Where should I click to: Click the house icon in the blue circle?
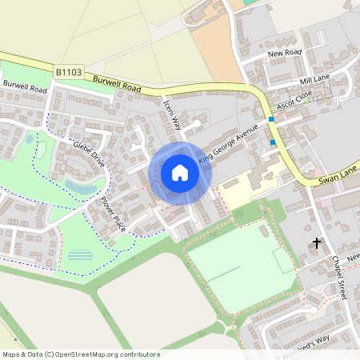point(179,173)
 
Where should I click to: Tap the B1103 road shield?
point(69,72)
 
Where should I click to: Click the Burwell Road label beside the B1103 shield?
point(116,82)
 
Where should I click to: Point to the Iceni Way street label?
point(173,114)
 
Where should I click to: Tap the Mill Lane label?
point(314,79)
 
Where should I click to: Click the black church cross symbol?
point(317,241)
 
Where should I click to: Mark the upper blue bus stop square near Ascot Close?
point(271,119)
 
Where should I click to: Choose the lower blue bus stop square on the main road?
point(273,142)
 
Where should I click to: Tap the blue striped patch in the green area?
point(80,256)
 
